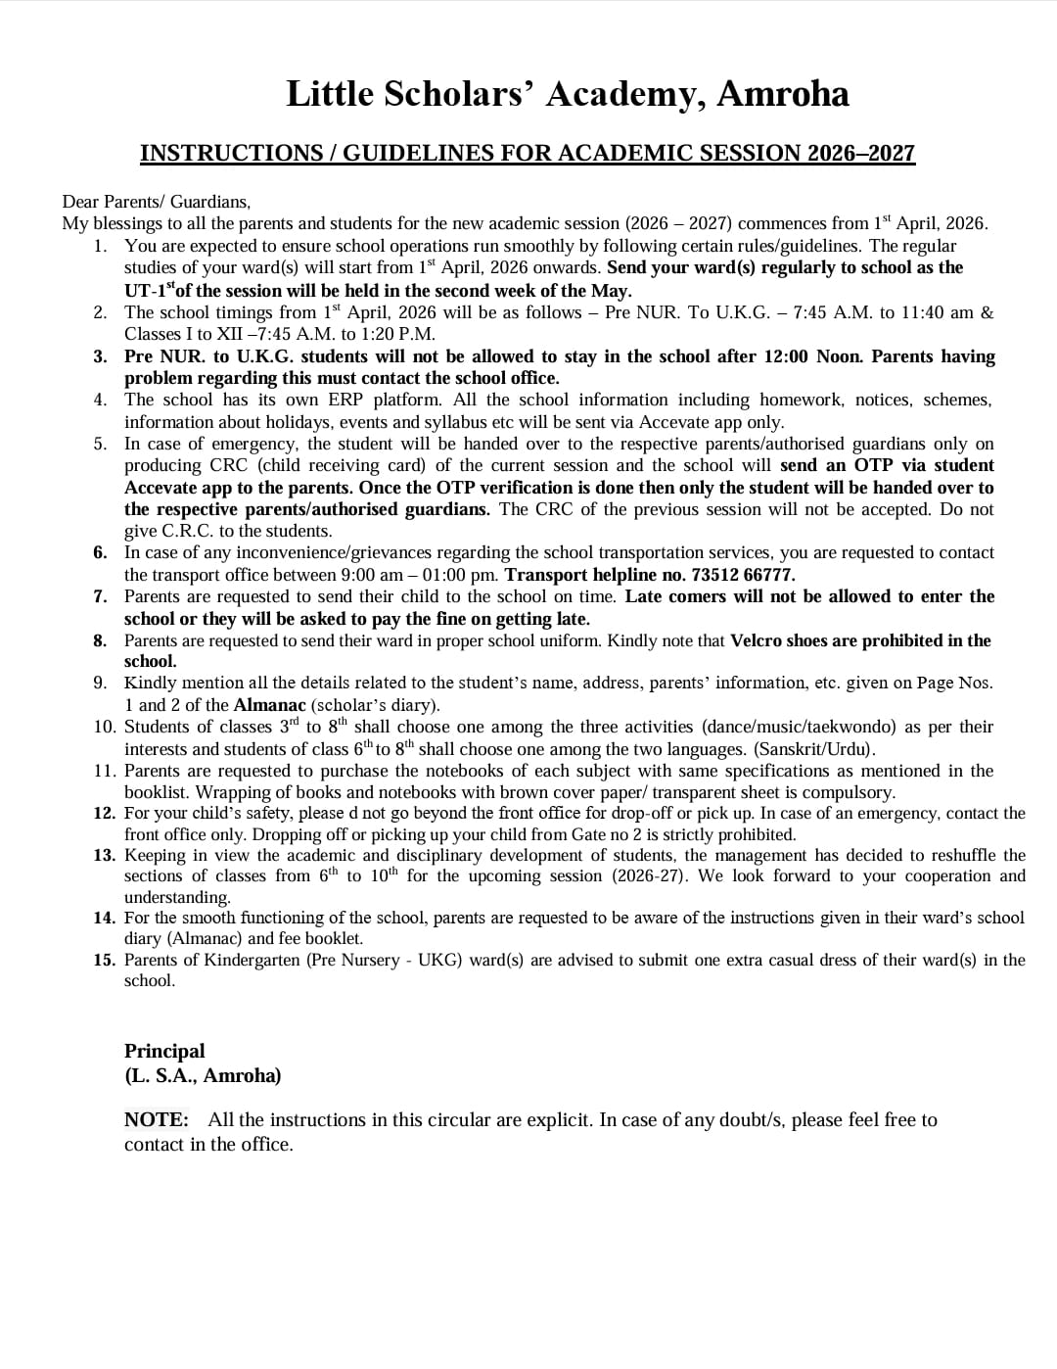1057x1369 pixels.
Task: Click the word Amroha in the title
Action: [x=782, y=94]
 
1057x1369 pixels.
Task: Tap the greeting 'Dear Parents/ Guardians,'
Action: [x=157, y=202]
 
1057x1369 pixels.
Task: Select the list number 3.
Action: [x=101, y=356]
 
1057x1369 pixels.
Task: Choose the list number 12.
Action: [x=105, y=813]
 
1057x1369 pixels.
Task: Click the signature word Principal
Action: [x=164, y=1051]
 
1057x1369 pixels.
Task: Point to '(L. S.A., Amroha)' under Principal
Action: [x=203, y=1075]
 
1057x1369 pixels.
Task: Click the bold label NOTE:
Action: [x=157, y=1119]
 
